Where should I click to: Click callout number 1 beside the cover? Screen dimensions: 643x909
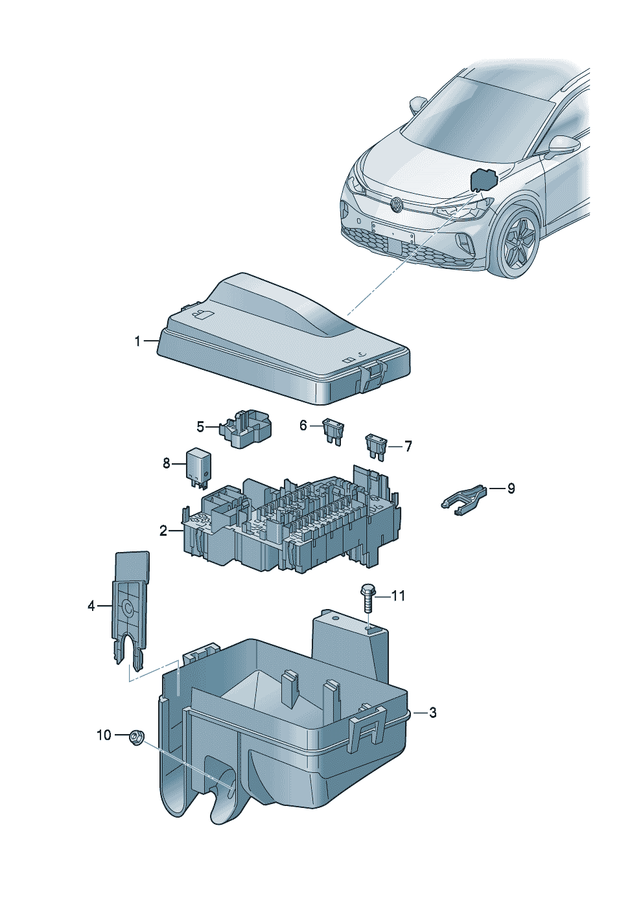pyautogui.click(x=137, y=341)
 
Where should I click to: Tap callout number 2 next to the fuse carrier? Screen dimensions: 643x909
pyautogui.click(x=163, y=531)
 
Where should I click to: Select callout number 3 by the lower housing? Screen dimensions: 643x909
pyautogui.click(x=433, y=713)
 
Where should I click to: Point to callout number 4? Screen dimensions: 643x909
pyautogui.click(x=91, y=606)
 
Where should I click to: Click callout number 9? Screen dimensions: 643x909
pyautogui.click(x=511, y=488)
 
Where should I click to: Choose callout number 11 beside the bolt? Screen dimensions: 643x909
pyautogui.click(x=398, y=595)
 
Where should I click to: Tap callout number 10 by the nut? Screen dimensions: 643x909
pyautogui.click(x=104, y=735)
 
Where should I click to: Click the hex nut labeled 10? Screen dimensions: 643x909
pyautogui.click(x=135, y=737)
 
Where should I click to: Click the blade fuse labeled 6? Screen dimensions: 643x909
pyautogui.click(x=333, y=431)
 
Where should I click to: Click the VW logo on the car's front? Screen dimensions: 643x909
pyautogui.click(x=395, y=206)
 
